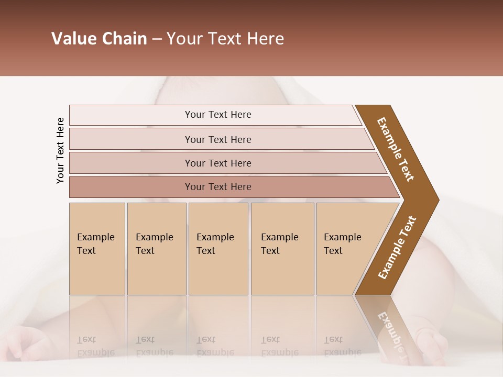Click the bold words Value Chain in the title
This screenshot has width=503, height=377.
pos(99,39)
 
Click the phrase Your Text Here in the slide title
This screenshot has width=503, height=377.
pos(225,39)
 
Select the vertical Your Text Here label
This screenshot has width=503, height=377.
pos(60,151)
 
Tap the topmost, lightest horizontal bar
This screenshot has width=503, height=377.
pos(217,115)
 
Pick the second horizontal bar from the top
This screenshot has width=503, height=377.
pos(217,139)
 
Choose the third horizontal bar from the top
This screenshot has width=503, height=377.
pos(217,163)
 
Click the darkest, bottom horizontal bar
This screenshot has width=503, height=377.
pos(217,187)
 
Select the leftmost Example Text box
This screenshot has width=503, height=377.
pos(97,249)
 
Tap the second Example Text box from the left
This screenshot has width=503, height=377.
pos(156,249)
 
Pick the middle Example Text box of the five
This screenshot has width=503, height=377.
pos(218,249)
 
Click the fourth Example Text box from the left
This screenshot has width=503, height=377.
pos(282,249)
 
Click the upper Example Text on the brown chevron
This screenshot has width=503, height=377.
pos(396,149)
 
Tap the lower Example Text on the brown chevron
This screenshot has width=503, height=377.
pos(397,248)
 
